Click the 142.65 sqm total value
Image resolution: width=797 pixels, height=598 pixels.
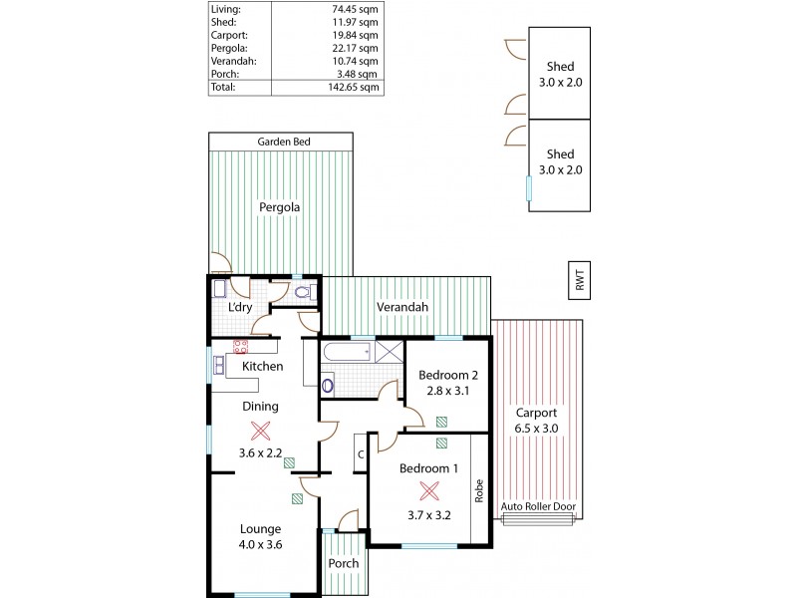click(356, 87)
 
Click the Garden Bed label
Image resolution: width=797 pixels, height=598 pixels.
click(284, 142)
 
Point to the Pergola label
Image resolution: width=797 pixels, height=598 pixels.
click(280, 207)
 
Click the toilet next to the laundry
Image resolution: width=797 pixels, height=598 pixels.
click(307, 293)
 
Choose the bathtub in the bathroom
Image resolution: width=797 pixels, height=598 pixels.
click(346, 350)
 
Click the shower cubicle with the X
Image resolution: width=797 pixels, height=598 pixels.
click(390, 350)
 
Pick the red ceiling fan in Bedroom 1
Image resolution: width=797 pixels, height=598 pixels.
click(429, 490)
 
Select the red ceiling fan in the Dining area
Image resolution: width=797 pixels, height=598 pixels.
click(261, 431)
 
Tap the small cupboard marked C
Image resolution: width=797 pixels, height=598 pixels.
click(359, 454)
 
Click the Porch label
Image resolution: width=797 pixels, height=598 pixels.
click(344, 563)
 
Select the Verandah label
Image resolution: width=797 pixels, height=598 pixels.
click(402, 307)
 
